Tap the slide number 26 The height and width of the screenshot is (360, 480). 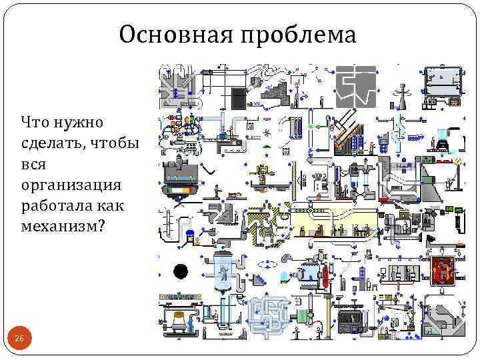click(x=19, y=339)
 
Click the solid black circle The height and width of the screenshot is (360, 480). click(x=180, y=271)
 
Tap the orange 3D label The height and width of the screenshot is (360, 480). click(x=454, y=102)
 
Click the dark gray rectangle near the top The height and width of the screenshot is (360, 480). click(x=238, y=98)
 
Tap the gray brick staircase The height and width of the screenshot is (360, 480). click(x=275, y=91)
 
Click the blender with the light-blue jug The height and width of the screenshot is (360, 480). click(x=441, y=139)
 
